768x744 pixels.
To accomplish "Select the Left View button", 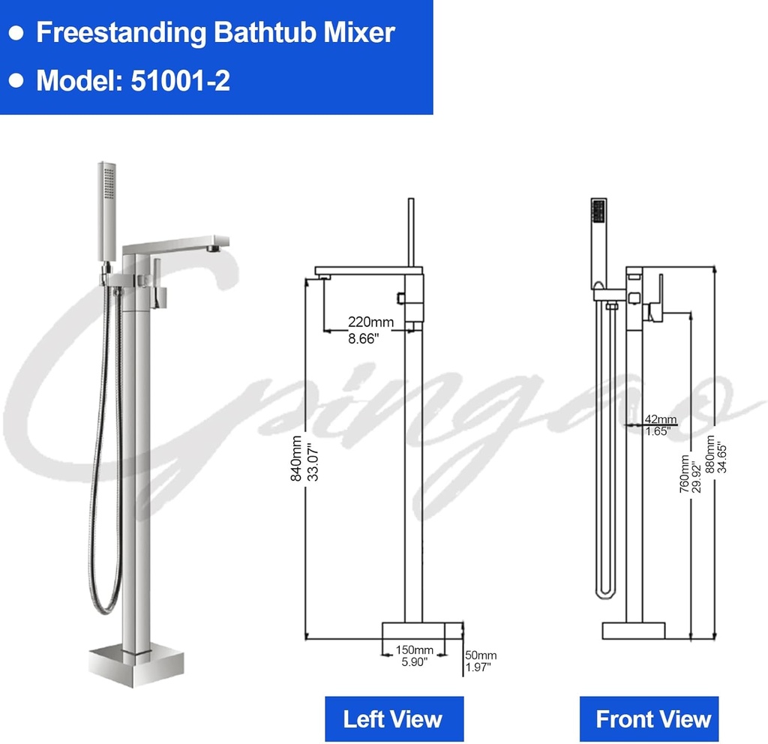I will click(x=393, y=718).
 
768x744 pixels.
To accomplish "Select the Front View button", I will click(x=652, y=718).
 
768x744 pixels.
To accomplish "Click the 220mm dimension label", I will click(x=370, y=322).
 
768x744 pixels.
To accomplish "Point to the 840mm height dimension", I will click(x=297, y=458).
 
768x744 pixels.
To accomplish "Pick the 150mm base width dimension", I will click(x=414, y=649).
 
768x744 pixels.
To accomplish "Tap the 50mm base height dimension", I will click(x=480, y=655).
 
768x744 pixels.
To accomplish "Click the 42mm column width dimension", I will click(x=660, y=419).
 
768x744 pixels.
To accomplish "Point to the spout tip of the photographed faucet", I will click(x=217, y=244).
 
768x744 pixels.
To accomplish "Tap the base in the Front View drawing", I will click(x=634, y=630).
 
